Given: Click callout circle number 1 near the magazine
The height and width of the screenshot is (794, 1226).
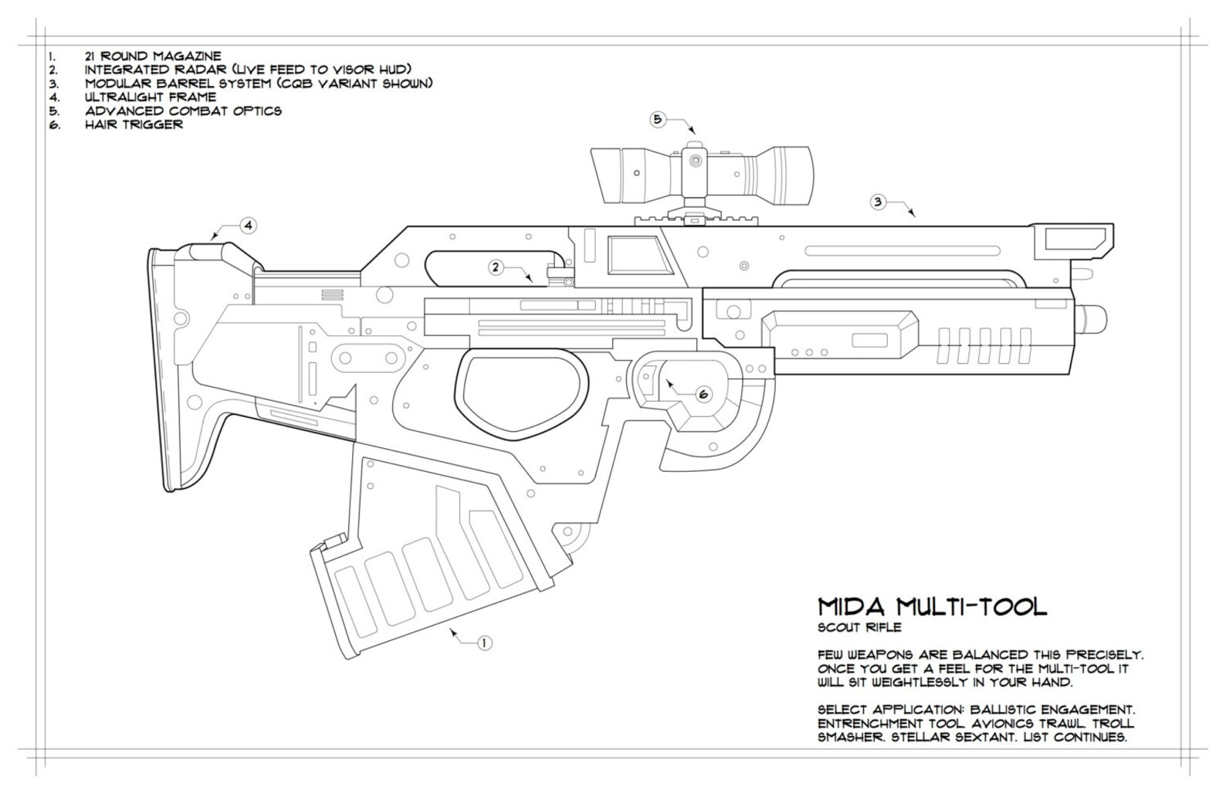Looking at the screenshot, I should (484, 643).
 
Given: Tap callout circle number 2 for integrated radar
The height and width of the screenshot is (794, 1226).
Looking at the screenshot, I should (496, 267).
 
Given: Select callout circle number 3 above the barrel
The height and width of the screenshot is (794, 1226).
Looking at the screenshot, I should (877, 202).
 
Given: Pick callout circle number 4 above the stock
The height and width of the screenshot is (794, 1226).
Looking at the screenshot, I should (247, 226).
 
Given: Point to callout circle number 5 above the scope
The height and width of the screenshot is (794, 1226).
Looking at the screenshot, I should (657, 119).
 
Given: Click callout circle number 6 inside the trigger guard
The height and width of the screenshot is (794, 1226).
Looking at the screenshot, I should (703, 394).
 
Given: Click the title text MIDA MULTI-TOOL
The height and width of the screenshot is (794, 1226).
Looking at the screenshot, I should (932, 606).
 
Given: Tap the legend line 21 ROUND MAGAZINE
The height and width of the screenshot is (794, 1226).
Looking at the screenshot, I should (153, 56).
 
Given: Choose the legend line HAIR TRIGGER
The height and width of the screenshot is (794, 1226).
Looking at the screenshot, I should (134, 124).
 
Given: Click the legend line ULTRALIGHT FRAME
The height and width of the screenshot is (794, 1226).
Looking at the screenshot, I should (151, 97).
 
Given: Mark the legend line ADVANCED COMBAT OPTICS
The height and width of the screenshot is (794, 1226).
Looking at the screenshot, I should (183, 111).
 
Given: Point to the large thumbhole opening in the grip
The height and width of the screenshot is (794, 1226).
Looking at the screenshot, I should (519, 389).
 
